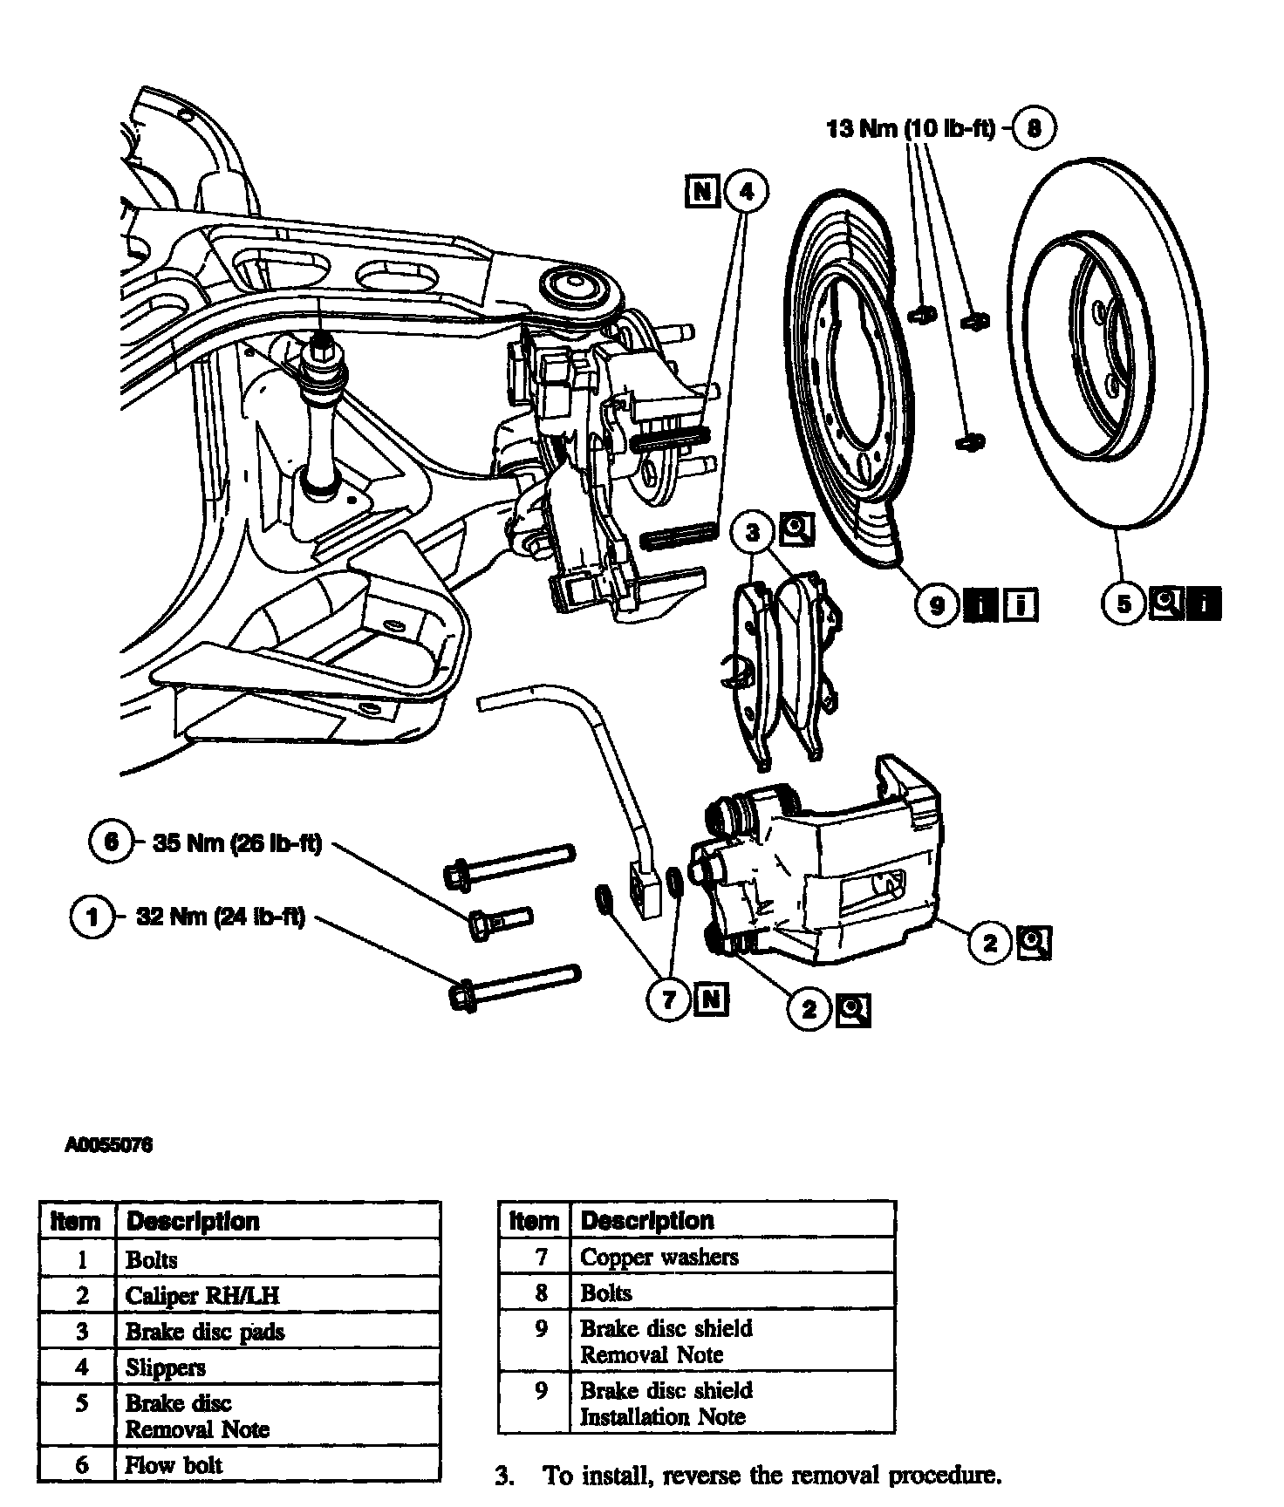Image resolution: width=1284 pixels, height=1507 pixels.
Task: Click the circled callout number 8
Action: [x=1034, y=128]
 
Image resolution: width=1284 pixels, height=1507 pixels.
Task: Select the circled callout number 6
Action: [x=111, y=842]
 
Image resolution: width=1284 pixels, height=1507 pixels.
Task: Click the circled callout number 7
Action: [x=669, y=999]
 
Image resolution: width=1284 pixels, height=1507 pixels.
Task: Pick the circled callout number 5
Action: [x=1124, y=603]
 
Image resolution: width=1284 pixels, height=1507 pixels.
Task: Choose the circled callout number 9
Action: [x=938, y=603]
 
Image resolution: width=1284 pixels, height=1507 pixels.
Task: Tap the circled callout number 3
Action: [x=753, y=531]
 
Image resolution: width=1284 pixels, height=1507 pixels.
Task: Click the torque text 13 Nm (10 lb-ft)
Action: [x=910, y=129]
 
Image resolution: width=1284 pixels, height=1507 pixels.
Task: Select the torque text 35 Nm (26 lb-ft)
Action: [x=237, y=843]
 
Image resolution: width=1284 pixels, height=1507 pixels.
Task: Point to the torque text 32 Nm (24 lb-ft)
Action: [x=221, y=917]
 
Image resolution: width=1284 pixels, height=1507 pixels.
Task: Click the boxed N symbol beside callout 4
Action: [x=703, y=191]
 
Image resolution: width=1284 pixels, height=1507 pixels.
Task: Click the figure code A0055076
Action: [x=109, y=1145]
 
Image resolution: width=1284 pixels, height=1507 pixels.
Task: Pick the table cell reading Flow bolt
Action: [x=174, y=1464]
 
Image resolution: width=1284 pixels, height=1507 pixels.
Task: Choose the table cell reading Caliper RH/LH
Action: [x=202, y=1295]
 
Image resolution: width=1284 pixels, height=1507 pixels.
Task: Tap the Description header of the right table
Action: [x=646, y=1220]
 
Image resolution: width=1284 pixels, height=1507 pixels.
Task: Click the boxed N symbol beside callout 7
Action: [x=712, y=999]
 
